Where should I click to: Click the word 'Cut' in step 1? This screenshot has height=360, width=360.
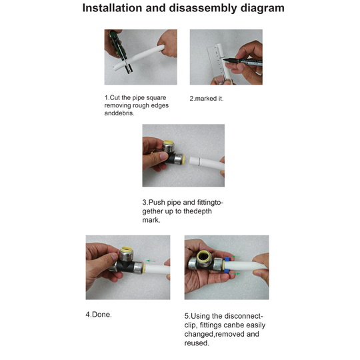point(117,98)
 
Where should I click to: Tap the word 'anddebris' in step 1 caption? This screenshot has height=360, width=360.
point(121,113)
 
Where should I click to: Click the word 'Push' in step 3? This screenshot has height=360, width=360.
point(159,202)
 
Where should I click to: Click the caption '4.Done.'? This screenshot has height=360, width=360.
point(99,314)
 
